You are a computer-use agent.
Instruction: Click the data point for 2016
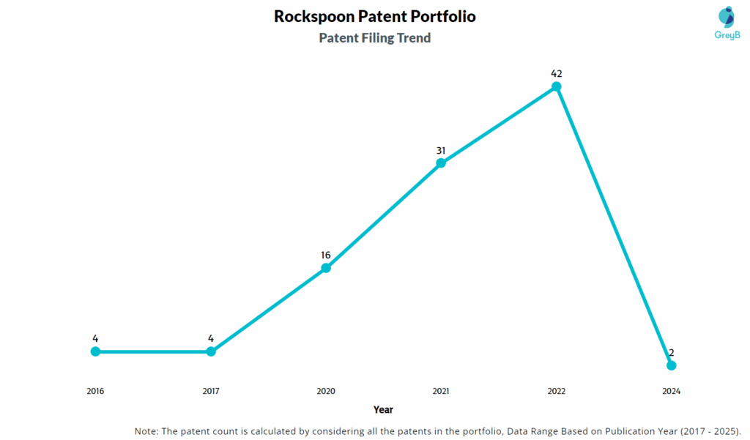[x=95, y=351]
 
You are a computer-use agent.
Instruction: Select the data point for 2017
[x=211, y=351]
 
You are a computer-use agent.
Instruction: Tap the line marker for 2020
[x=326, y=268]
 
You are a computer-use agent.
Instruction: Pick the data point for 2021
[x=441, y=163]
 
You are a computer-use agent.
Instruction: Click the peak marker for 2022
[x=557, y=86]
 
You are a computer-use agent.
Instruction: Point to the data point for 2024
[x=672, y=365]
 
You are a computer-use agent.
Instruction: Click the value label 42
[x=557, y=73]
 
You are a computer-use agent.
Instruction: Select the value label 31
[x=441, y=150]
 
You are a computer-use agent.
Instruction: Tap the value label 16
[x=326, y=255]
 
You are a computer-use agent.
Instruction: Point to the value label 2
[x=672, y=353]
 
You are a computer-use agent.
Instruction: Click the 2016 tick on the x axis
[x=95, y=391]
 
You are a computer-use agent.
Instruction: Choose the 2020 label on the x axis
[x=326, y=391]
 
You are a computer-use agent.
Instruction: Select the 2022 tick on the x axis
[x=557, y=391]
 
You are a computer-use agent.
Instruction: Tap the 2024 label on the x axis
[x=672, y=391]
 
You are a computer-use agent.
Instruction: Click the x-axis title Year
[x=383, y=409]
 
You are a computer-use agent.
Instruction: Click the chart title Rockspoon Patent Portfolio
[x=375, y=16]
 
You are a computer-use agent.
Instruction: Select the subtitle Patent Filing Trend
[x=375, y=38]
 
